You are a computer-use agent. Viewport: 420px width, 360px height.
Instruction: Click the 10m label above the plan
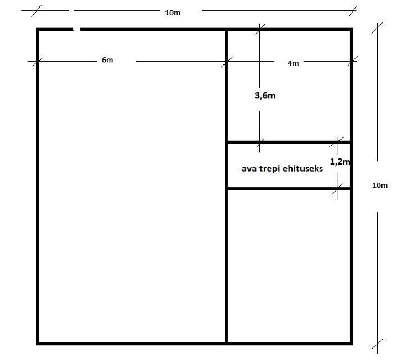(173, 12)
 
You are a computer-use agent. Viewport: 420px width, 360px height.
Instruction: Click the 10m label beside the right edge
(380, 185)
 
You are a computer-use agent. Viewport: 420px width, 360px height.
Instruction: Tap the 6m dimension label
(107, 60)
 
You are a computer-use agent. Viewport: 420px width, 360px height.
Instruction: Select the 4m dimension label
(293, 63)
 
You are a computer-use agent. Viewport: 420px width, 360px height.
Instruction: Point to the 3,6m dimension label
(265, 96)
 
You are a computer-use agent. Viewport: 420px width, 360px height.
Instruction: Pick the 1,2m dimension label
(340, 161)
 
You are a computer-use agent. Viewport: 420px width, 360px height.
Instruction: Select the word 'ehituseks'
(302, 168)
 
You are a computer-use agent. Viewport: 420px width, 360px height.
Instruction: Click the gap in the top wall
(76, 29)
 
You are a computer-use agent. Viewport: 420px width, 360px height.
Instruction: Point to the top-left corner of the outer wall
(37, 29)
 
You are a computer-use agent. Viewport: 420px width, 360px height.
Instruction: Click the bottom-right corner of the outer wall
(351, 343)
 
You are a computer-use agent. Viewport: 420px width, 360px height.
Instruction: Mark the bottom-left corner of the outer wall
(37, 343)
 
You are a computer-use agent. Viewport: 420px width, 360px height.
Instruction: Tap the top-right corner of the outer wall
(351, 29)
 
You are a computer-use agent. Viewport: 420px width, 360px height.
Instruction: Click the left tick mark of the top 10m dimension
(37, 11)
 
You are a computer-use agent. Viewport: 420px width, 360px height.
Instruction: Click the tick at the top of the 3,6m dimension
(259, 29)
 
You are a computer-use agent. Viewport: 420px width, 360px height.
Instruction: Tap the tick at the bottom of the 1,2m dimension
(337, 189)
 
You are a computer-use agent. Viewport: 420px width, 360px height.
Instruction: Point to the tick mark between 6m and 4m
(227, 62)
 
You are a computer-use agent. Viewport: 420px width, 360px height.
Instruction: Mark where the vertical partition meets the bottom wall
(227, 343)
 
